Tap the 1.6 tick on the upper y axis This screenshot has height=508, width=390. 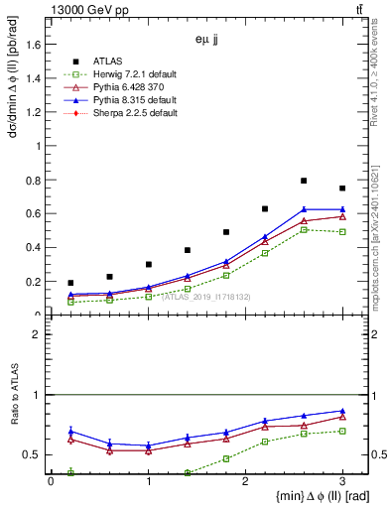click(37, 44)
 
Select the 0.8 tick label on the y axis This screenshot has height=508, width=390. click(37, 180)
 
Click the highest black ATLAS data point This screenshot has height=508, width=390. click(304, 181)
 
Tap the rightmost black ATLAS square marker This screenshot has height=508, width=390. click(342, 189)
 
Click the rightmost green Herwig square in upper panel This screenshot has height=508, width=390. click(342, 232)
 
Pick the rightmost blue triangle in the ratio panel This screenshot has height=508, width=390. click(342, 411)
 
